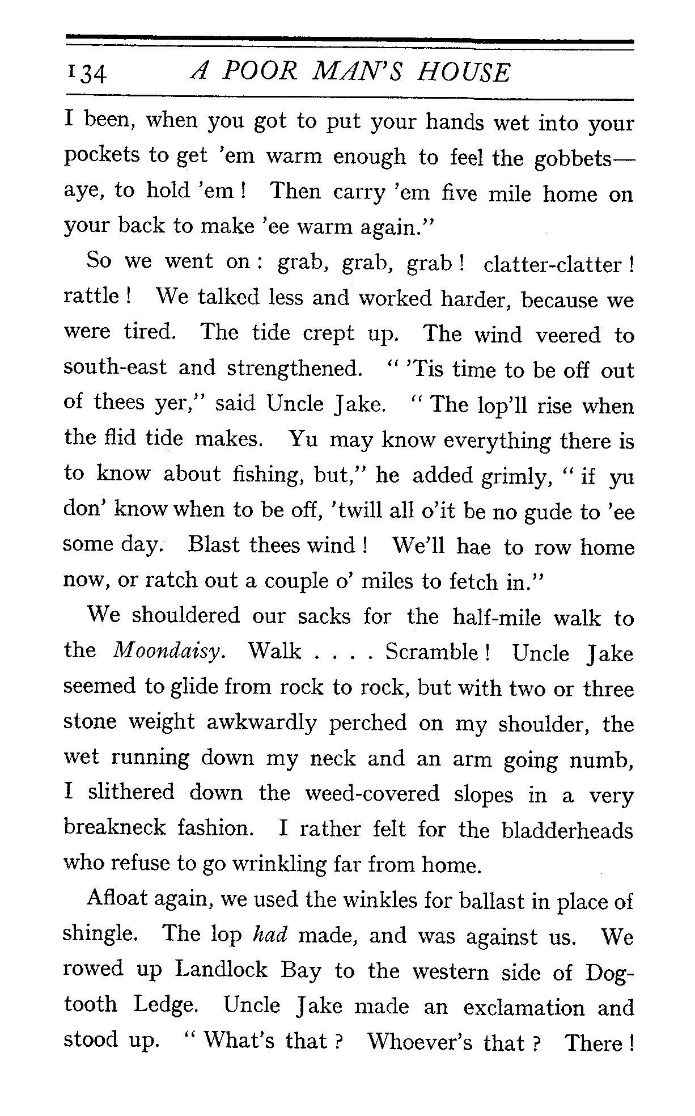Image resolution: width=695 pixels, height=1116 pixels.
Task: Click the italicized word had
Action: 269,936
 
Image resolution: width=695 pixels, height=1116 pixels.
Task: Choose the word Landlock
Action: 221,970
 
